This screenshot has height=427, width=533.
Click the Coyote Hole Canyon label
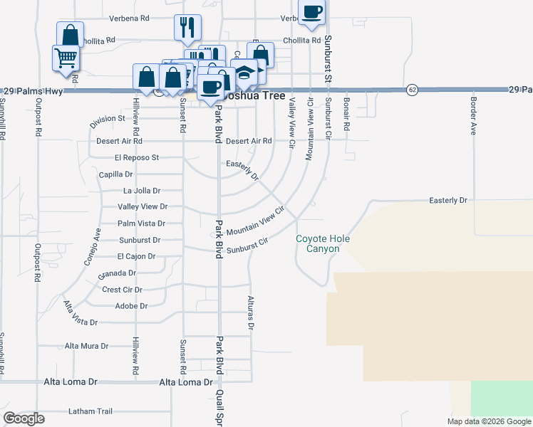[323, 243]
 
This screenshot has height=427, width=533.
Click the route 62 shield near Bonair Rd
[412, 90]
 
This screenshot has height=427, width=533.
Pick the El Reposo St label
[136, 157]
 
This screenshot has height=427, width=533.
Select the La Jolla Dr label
[141, 190]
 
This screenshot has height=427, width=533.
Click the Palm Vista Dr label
[141, 223]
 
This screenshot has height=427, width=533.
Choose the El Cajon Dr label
[138, 256]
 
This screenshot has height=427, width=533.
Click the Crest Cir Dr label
[122, 290]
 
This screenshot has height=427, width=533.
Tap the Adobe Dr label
[130, 306]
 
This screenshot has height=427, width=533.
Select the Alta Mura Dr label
[86, 346]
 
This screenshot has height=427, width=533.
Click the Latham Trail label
[90, 411]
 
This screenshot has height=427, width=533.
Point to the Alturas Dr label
[251, 313]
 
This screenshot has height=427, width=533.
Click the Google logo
[24, 418]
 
